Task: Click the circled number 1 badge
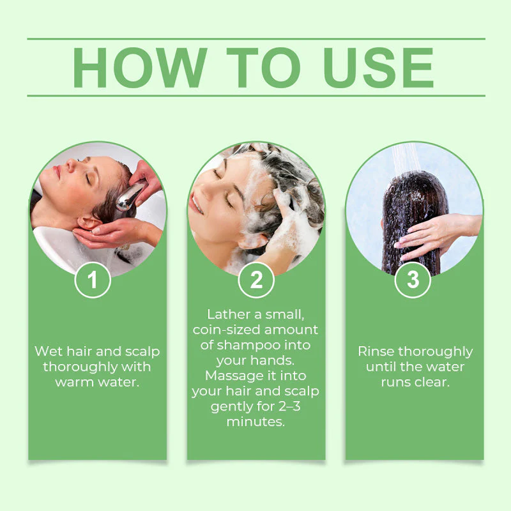click(93, 280)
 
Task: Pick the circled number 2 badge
click(256, 280)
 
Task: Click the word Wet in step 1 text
click(49, 351)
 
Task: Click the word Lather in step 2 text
click(227, 314)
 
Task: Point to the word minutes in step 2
click(256, 422)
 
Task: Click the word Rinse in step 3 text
click(376, 351)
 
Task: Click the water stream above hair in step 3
click(404, 156)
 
